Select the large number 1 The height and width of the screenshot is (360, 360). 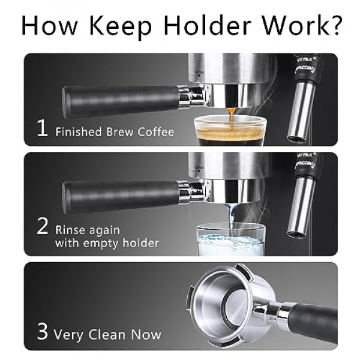tap(42, 129)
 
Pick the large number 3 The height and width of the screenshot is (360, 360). tap(42, 332)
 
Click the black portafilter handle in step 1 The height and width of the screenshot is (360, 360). tap(120, 100)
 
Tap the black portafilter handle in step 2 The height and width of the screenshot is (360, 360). tap(120, 196)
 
